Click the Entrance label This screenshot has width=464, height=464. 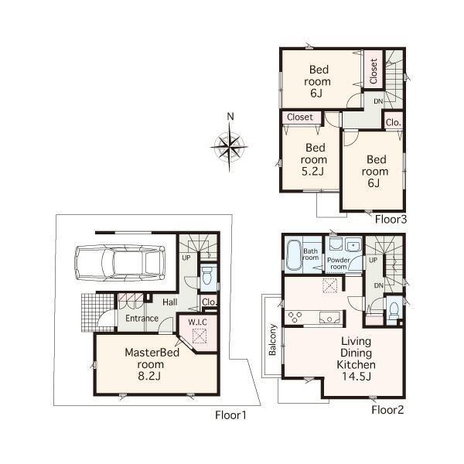(142, 318)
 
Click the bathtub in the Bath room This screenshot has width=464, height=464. (294, 255)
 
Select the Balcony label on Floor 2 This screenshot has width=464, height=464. (273, 339)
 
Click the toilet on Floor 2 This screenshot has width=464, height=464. (393, 309)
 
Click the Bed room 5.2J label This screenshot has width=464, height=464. (315, 159)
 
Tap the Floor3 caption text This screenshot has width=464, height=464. (391, 219)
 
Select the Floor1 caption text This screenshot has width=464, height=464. (230, 415)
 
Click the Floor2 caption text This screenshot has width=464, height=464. (387, 410)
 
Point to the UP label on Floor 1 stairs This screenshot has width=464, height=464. (186, 258)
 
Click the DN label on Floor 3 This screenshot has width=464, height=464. (377, 101)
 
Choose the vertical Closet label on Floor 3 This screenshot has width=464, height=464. (373, 72)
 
